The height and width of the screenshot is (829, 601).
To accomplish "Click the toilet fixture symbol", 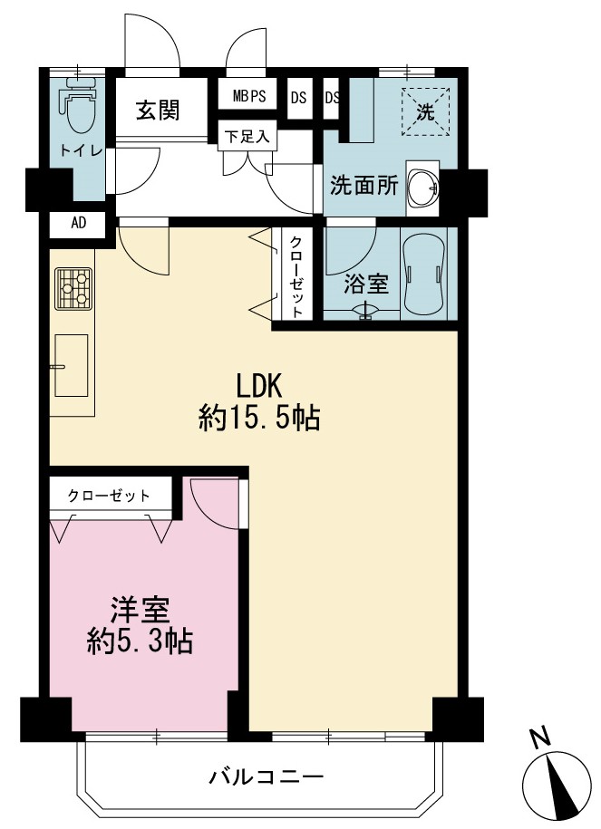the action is point(81,105).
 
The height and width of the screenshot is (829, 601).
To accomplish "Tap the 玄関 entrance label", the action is point(158,111).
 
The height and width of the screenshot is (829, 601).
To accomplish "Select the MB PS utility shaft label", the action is point(248,96).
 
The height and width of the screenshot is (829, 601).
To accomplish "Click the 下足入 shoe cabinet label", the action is point(247,137).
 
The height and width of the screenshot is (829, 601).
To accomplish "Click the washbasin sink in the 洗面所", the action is point(423,188).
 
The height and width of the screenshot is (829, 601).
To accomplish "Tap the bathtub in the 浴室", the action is point(423,275).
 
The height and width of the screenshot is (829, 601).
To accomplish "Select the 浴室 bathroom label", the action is point(365,284).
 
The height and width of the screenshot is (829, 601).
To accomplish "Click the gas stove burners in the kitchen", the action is point(73,289).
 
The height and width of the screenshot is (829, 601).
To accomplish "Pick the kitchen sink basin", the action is point(72,365).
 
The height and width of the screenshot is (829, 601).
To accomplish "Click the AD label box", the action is point(78,223).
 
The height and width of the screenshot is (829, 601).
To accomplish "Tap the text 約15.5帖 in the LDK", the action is point(258,419).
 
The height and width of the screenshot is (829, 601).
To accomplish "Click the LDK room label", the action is point(259,386).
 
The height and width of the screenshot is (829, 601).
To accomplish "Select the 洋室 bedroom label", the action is point(140,610).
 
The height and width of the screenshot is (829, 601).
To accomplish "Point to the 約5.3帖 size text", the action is point(140,641).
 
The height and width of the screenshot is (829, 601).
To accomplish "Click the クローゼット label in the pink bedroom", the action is point(109,496).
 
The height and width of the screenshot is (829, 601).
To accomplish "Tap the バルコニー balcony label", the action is point(267,776).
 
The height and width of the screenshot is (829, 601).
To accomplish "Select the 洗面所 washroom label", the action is point(364,186).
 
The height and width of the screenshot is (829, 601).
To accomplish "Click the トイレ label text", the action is point(81,150).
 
